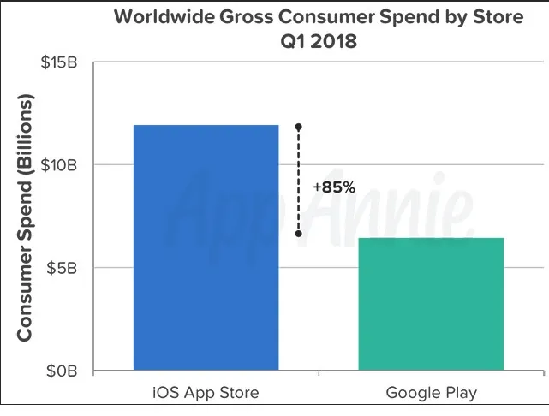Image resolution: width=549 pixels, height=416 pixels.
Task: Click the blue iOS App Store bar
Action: (206, 248)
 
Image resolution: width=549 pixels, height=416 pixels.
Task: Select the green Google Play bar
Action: (431, 304)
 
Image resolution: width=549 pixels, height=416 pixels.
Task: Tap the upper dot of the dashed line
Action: (298, 127)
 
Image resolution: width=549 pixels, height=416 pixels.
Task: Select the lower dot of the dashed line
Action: (298, 233)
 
